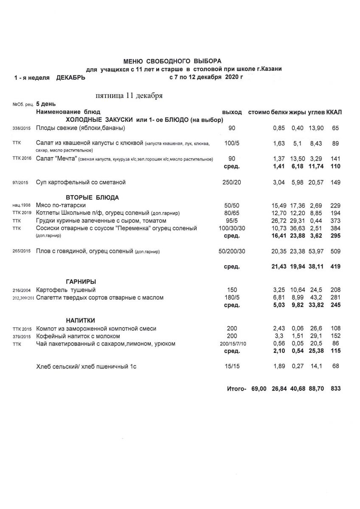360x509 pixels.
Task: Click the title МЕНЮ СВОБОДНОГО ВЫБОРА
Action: [172, 61]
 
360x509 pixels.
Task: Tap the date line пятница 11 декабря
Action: [129, 95]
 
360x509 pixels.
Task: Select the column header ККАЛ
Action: [335, 112]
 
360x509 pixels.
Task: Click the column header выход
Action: [232, 112]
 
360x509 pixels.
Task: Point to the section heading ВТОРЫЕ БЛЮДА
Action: [92, 197]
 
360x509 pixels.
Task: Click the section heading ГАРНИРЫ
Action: [81, 282]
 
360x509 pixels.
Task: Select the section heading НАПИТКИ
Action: [80, 320]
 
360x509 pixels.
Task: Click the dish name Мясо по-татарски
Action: [61, 205]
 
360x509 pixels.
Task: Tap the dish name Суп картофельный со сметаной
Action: [81, 182]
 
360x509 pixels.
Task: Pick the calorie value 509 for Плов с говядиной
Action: [335, 251]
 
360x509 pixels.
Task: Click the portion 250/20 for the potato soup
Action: [232, 182]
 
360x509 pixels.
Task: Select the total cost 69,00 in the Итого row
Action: [259, 389]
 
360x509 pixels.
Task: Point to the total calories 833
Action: [335, 389]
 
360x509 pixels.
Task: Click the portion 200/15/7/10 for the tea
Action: [232, 344]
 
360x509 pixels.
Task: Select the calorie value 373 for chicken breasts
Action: [335, 221]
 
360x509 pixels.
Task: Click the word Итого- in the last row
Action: [236, 389]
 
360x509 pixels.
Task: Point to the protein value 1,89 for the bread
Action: [278, 366]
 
